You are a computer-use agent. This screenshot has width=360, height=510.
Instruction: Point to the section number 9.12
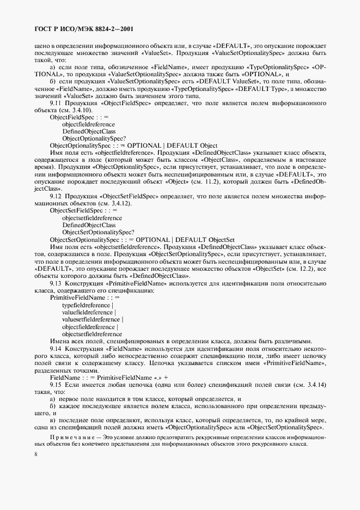tap(57, 195)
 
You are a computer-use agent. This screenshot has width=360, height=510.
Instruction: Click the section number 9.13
tap(57, 284)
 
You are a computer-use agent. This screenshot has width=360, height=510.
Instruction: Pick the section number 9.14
tap(57, 348)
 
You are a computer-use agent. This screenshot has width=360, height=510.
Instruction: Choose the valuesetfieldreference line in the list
tap(93, 320)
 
